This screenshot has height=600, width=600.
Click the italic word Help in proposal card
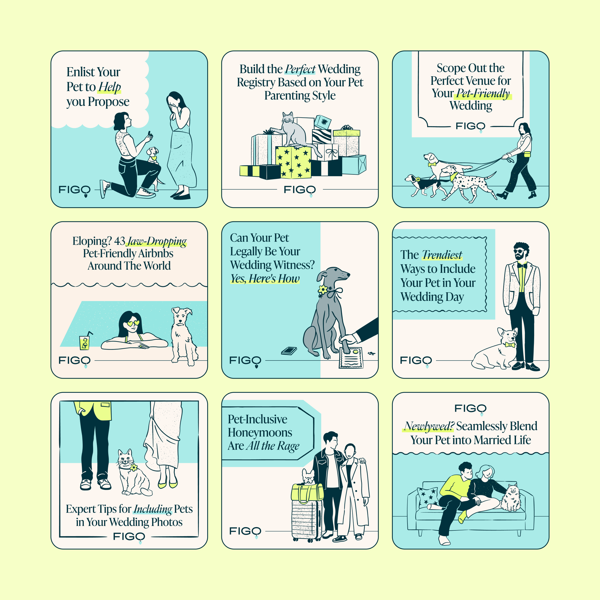[x=109, y=87]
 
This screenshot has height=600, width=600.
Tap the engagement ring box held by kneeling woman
[x=150, y=134]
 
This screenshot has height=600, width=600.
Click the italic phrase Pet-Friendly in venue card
[x=483, y=93]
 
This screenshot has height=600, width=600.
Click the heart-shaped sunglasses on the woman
[x=133, y=323]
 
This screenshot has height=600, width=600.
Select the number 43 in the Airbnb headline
[x=119, y=241]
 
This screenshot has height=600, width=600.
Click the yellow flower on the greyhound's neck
[x=323, y=289]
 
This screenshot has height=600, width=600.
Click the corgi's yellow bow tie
[x=509, y=345]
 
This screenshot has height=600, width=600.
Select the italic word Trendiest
[x=442, y=255]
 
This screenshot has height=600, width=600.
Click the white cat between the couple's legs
[x=132, y=474]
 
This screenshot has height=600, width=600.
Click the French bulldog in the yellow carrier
[x=308, y=477]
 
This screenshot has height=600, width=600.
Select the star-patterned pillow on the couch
[x=428, y=497]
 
